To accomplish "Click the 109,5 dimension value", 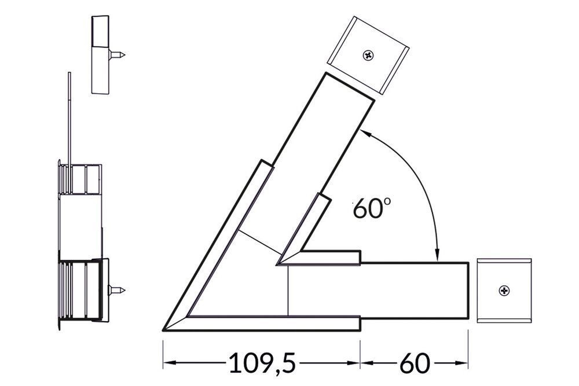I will click(262, 363).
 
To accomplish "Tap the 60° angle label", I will click(369, 209).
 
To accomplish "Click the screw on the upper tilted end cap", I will click(368, 56).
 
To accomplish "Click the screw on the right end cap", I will click(504, 290).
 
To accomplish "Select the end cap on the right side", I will click(504, 290).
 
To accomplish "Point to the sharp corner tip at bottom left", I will click(164, 330).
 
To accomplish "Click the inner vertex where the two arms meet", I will click(278, 264).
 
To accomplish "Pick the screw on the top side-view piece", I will click(118, 55).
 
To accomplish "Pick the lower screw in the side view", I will click(118, 289).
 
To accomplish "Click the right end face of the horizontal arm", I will click(468, 290).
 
